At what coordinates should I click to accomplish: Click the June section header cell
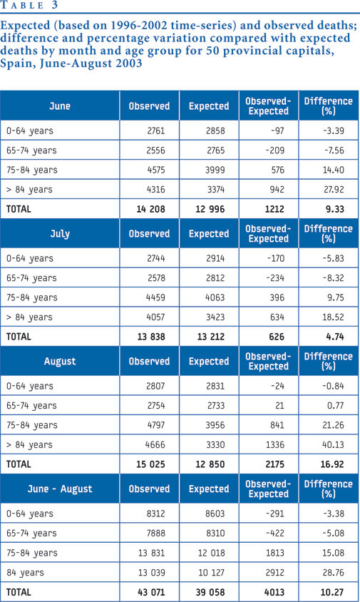coord(60,106)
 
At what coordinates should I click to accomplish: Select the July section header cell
coord(60,233)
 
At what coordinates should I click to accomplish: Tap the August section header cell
coord(60,362)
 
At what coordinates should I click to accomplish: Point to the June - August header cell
coord(60,489)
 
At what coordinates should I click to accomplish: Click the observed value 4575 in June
coord(155,170)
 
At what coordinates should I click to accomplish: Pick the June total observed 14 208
coord(151,209)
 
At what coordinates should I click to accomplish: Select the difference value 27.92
coord(333,189)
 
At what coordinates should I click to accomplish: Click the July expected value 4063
coord(215,297)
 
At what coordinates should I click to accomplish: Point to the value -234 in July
coord(274,278)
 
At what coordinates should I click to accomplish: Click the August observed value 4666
coord(155,444)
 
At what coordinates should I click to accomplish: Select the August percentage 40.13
coord(333,444)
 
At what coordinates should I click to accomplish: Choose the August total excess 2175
coord(274,464)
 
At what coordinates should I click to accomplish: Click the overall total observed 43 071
coord(151,592)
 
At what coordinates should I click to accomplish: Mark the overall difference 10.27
coord(332,592)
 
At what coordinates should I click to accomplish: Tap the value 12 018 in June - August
coord(212,553)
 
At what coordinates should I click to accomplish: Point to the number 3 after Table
coord(54,4)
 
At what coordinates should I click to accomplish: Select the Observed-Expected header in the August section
coord(268,362)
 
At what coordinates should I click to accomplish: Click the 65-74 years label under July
coord(31,278)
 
